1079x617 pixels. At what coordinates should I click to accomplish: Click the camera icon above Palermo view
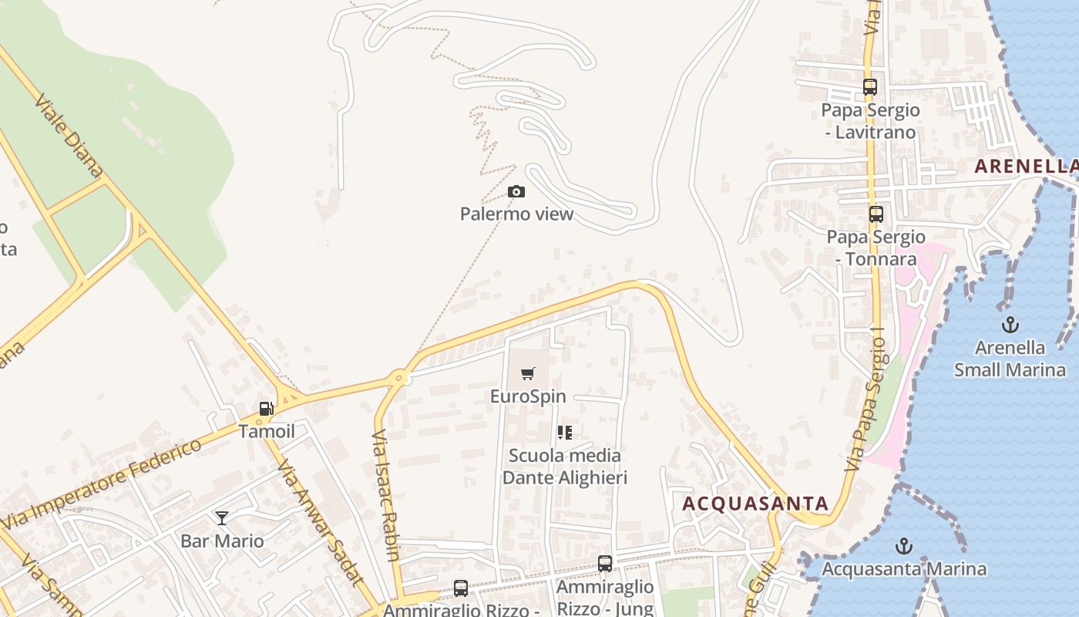coord(516,191)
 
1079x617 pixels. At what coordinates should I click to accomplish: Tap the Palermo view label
coord(516,214)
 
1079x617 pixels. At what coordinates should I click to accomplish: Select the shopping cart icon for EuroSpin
coord(528,374)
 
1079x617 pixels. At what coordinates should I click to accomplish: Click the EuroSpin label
coord(528,396)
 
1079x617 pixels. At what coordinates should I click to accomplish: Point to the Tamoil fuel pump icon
coord(266,409)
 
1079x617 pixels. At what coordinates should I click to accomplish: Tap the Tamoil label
coord(267,431)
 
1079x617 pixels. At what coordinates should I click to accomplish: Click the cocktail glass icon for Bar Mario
coord(222,518)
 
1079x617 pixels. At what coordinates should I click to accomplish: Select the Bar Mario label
coord(222,541)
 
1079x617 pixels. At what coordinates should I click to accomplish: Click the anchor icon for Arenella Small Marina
coord(1010,325)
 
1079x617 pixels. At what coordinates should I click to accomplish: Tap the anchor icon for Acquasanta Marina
coord(904,547)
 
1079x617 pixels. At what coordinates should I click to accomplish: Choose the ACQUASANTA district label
coord(755,504)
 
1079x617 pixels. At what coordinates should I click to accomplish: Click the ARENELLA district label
coord(1025,166)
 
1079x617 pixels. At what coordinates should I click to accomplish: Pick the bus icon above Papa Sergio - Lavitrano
coord(870,87)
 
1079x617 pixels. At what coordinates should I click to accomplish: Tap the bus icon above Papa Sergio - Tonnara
coord(876,214)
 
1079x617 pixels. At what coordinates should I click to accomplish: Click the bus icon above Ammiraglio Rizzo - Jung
coord(605,564)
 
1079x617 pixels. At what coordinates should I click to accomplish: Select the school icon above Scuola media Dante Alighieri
coord(565,433)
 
